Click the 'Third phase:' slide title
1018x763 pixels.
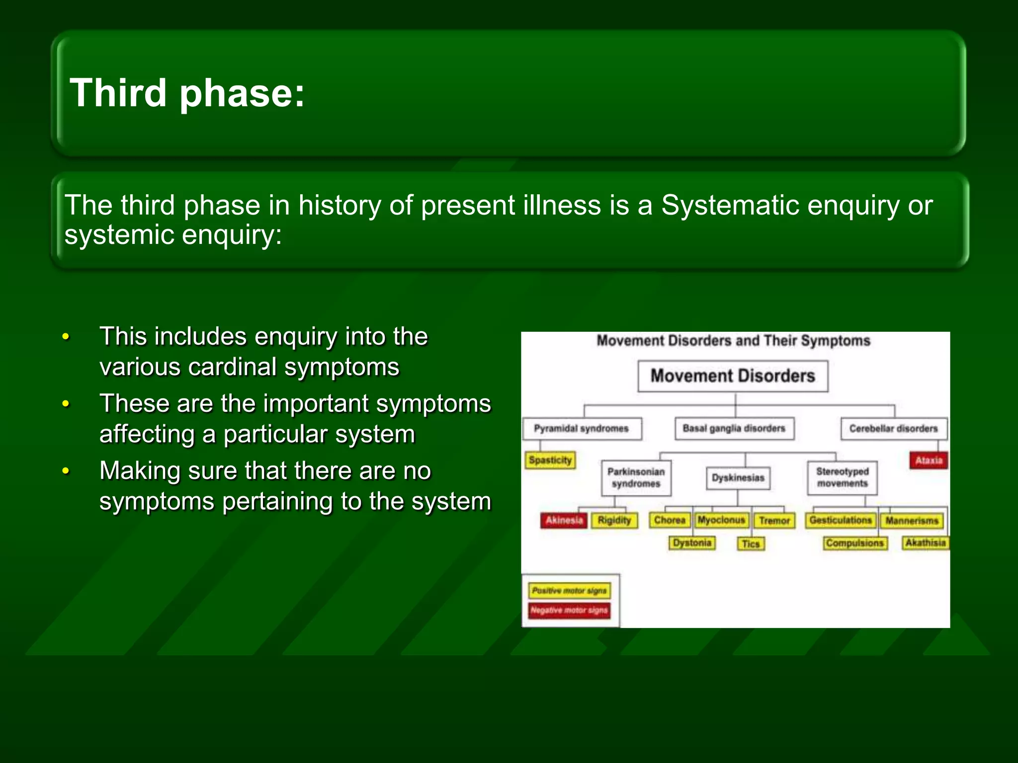pyautogui.click(x=187, y=93)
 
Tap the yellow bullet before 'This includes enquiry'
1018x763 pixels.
pyautogui.click(x=66, y=337)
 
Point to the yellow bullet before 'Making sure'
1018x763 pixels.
pyautogui.click(x=66, y=471)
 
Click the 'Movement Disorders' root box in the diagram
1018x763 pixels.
pyautogui.click(x=733, y=376)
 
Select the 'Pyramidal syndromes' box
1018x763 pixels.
pyautogui.click(x=581, y=428)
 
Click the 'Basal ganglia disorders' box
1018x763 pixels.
pyautogui.click(x=734, y=428)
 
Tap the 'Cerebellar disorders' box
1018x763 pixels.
pyautogui.click(x=893, y=428)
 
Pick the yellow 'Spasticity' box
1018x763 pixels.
pyautogui.click(x=550, y=460)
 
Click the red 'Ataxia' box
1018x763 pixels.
pyautogui.click(x=929, y=460)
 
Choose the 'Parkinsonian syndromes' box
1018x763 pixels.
pyautogui.click(x=636, y=477)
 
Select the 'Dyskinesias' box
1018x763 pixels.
pyautogui.click(x=738, y=477)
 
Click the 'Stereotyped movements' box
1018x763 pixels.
pyautogui.click(x=842, y=477)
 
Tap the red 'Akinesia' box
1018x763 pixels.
pyautogui.click(x=564, y=520)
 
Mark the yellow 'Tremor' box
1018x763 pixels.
pyautogui.click(x=774, y=521)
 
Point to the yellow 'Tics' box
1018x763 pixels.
pyautogui.click(x=751, y=543)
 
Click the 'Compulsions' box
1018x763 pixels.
pyautogui.click(x=854, y=543)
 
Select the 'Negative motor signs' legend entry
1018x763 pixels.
pyautogui.click(x=569, y=610)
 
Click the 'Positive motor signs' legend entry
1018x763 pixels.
pyautogui.click(x=569, y=591)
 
